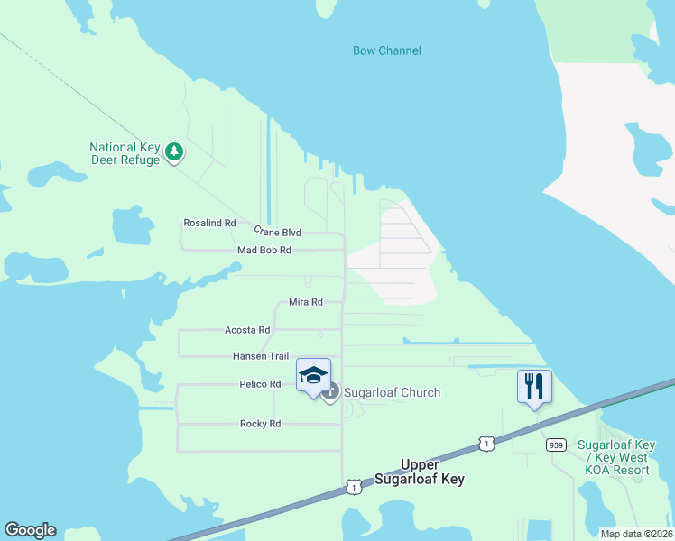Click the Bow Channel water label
coord(386,50)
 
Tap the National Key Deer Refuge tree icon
coord(174,154)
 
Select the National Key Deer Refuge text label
coord(125,153)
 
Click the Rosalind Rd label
coord(209,223)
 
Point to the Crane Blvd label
coord(277,233)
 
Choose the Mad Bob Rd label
coord(264,250)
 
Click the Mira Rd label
coord(305,302)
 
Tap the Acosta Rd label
coord(247,330)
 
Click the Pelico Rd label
coord(260,384)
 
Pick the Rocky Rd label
coord(260,424)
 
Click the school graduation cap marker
coord(313,376)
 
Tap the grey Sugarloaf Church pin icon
coord(330,391)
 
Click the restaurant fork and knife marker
coord(534,387)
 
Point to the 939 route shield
coord(555,445)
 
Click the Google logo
coord(30,530)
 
